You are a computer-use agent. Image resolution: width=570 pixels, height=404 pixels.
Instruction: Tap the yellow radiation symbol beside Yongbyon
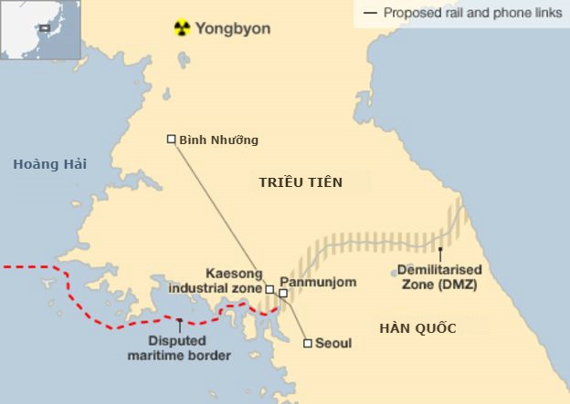tap(183, 28)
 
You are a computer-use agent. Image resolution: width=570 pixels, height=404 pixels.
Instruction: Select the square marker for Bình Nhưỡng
tap(172, 139)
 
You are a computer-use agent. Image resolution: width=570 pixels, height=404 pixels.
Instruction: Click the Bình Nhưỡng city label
tap(219, 140)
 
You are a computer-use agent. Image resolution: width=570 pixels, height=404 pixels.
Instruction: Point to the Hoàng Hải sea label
tap(49, 163)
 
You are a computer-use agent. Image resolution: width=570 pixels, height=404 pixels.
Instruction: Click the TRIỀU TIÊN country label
tap(301, 182)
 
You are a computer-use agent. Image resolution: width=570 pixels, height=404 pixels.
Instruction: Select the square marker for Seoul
tap(308, 344)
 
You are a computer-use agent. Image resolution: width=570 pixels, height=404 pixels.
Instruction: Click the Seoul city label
tap(333, 344)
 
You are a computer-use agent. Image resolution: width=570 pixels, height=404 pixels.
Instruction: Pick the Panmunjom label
tap(317, 283)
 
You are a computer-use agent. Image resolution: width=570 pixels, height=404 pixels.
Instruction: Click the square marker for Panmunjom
tap(283, 294)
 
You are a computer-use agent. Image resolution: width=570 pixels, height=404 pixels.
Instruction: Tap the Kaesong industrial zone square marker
tap(269, 289)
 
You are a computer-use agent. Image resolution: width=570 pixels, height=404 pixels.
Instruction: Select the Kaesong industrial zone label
tap(220, 281)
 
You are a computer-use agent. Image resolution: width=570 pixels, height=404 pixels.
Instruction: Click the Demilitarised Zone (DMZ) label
tap(439, 277)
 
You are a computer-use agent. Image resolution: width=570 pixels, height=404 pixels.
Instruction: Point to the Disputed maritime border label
tap(179, 348)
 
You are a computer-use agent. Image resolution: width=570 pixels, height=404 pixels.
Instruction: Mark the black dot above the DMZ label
tap(440, 248)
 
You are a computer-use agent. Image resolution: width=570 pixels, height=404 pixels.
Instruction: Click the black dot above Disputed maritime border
tap(180, 321)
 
